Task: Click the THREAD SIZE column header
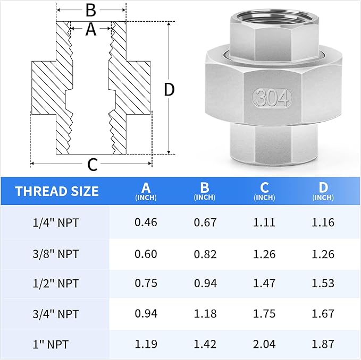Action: (57, 191)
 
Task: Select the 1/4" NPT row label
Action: (56, 222)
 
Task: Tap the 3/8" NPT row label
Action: (56, 254)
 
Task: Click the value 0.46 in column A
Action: (146, 222)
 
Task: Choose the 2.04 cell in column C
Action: (264, 344)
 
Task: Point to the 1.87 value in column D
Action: (323, 344)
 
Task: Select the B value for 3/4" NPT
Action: (205, 313)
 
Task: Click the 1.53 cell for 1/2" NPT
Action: (323, 283)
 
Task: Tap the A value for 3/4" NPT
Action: (146, 313)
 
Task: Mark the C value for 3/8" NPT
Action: (264, 254)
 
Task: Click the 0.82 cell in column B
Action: (205, 254)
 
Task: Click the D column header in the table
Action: (323, 191)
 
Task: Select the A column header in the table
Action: (146, 191)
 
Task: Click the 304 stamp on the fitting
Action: (272, 97)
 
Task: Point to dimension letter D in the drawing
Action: (169, 90)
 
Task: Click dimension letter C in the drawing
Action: (92, 165)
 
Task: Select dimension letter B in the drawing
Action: (91, 10)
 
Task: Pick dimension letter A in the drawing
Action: (91, 30)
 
